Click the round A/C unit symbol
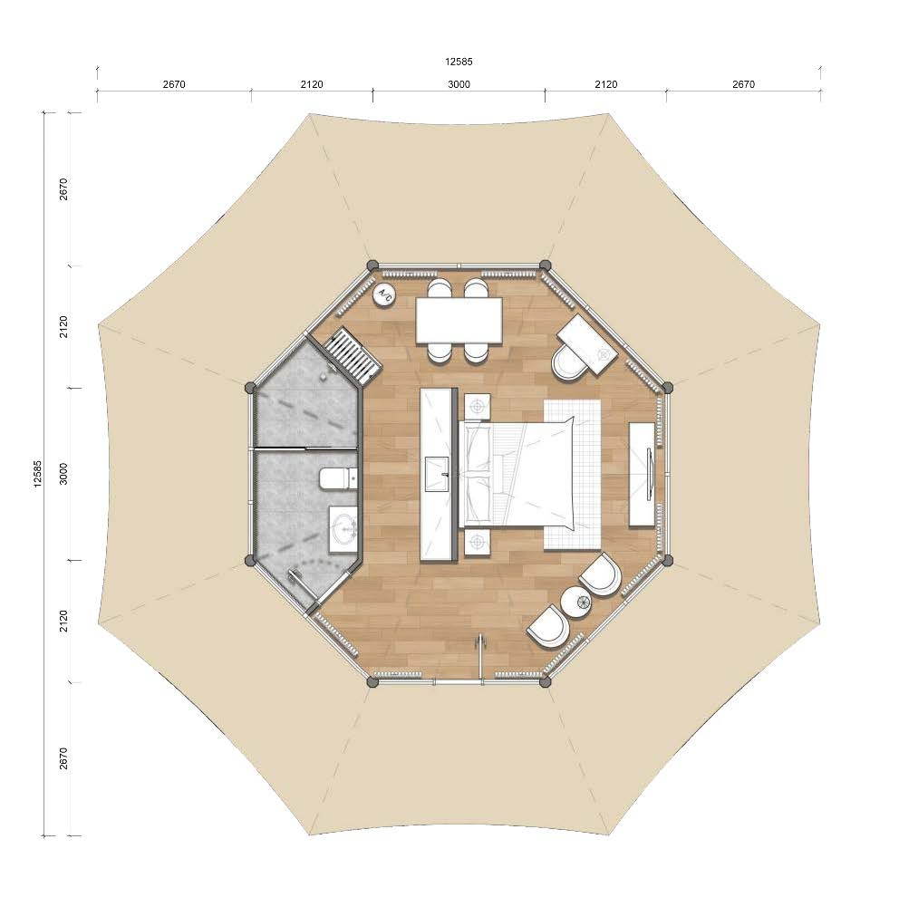(384, 295)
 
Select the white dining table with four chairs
(459, 321)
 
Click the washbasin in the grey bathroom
(344, 530)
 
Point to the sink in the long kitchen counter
(438, 474)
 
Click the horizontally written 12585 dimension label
(459, 62)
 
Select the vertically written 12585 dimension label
(38, 474)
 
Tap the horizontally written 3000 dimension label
(459, 84)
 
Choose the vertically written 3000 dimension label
(63, 474)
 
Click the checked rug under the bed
(572, 475)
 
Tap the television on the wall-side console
(649, 474)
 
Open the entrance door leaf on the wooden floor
(480, 658)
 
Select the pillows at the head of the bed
(478, 474)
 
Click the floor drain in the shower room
(324, 374)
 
